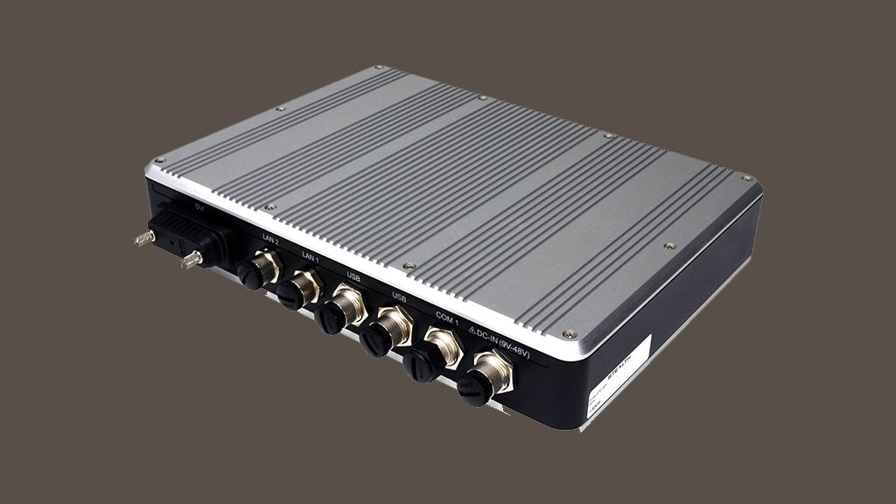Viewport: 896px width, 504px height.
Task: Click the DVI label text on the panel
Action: [x=199, y=206]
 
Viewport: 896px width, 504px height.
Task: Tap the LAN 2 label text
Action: [x=269, y=237]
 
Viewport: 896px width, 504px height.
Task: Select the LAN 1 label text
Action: [x=310, y=255]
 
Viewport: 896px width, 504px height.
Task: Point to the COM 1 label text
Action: [x=448, y=318]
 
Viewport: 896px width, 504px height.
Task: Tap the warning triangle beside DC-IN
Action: [x=473, y=330]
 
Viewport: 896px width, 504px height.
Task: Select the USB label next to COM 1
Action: [x=399, y=297]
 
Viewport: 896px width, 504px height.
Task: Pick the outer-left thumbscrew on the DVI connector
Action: [x=142, y=236]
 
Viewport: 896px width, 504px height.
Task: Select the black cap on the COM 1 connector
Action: [x=421, y=365]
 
